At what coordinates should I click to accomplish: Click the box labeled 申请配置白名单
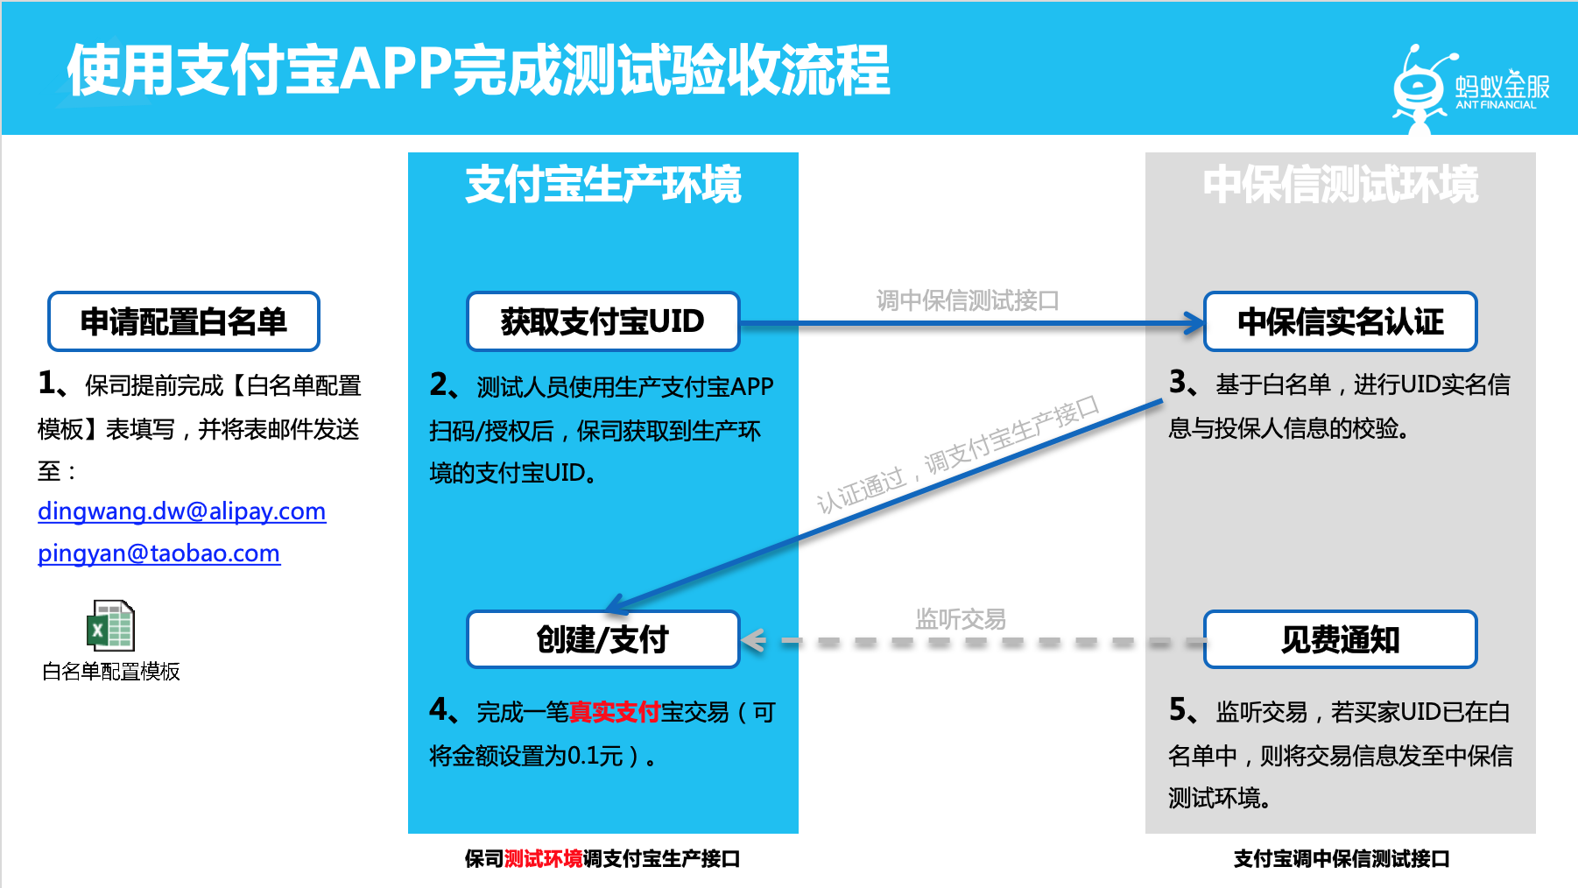(x=183, y=321)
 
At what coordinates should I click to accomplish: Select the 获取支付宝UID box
(x=602, y=321)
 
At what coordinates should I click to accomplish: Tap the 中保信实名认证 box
(x=1340, y=321)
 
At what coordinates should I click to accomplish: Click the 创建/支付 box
(x=602, y=639)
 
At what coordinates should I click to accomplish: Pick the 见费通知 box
(x=1340, y=639)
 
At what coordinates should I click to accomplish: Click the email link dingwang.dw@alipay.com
(x=181, y=511)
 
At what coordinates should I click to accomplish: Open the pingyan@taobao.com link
(x=159, y=553)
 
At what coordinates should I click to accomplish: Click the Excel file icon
(x=111, y=624)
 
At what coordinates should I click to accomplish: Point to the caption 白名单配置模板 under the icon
(x=111, y=672)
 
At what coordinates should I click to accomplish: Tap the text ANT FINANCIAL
(x=1496, y=105)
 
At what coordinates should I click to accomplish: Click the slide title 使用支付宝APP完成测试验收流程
(x=478, y=70)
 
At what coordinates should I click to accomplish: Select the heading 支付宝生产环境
(x=602, y=185)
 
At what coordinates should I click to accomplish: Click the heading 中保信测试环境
(x=1340, y=185)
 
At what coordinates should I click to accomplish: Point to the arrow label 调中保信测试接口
(x=968, y=301)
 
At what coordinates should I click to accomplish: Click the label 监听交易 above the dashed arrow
(x=960, y=619)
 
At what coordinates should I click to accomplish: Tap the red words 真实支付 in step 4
(x=614, y=712)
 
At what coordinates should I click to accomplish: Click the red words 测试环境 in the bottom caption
(x=543, y=859)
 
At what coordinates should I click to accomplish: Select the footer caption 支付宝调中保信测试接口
(x=1341, y=859)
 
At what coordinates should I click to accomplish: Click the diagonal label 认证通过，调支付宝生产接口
(x=957, y=455)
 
